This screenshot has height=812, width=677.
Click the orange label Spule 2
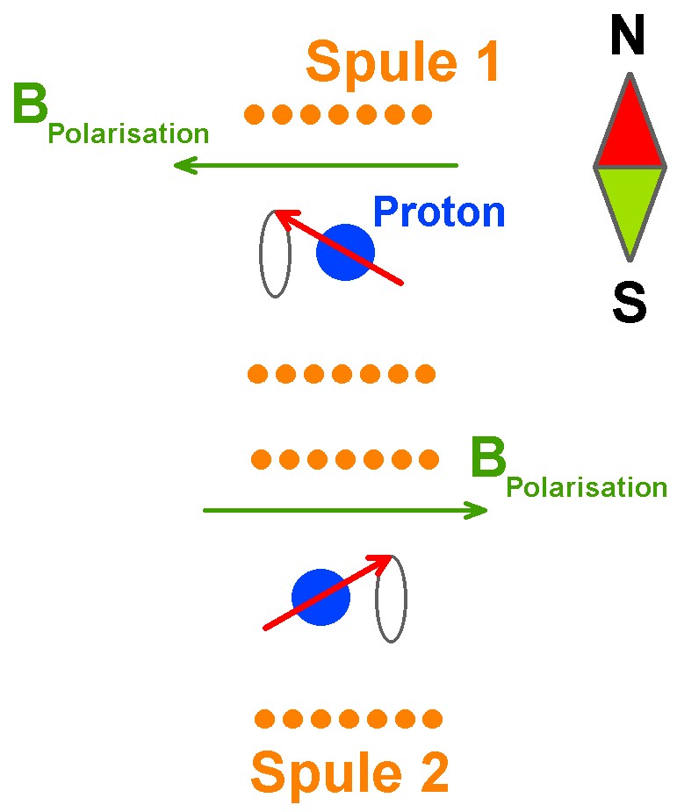point(349,772)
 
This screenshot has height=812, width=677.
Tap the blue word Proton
point(439,212)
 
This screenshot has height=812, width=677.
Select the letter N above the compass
point(628,37)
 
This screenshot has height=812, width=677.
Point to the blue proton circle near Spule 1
point(345,253)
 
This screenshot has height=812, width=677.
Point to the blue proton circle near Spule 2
point(321,598)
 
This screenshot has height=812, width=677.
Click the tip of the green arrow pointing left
point(176,165)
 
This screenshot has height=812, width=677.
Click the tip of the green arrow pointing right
point(486,510)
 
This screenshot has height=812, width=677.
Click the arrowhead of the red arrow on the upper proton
point(279,214)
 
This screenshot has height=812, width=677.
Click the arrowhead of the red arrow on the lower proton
point(387,558)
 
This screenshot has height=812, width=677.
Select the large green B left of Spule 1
point(31,105)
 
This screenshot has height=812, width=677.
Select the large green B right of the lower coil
point(488,458)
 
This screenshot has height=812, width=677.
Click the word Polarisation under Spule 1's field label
point(128,134)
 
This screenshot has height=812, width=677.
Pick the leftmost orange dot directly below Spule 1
point(255,113)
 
